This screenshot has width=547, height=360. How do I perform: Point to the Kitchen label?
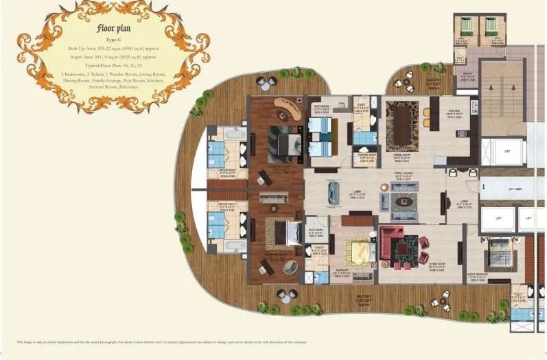(455, 112)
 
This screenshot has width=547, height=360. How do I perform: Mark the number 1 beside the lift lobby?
(483, 186)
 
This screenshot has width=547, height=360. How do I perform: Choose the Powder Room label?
(364, 156)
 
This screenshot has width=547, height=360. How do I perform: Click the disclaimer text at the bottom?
(161, 341)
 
